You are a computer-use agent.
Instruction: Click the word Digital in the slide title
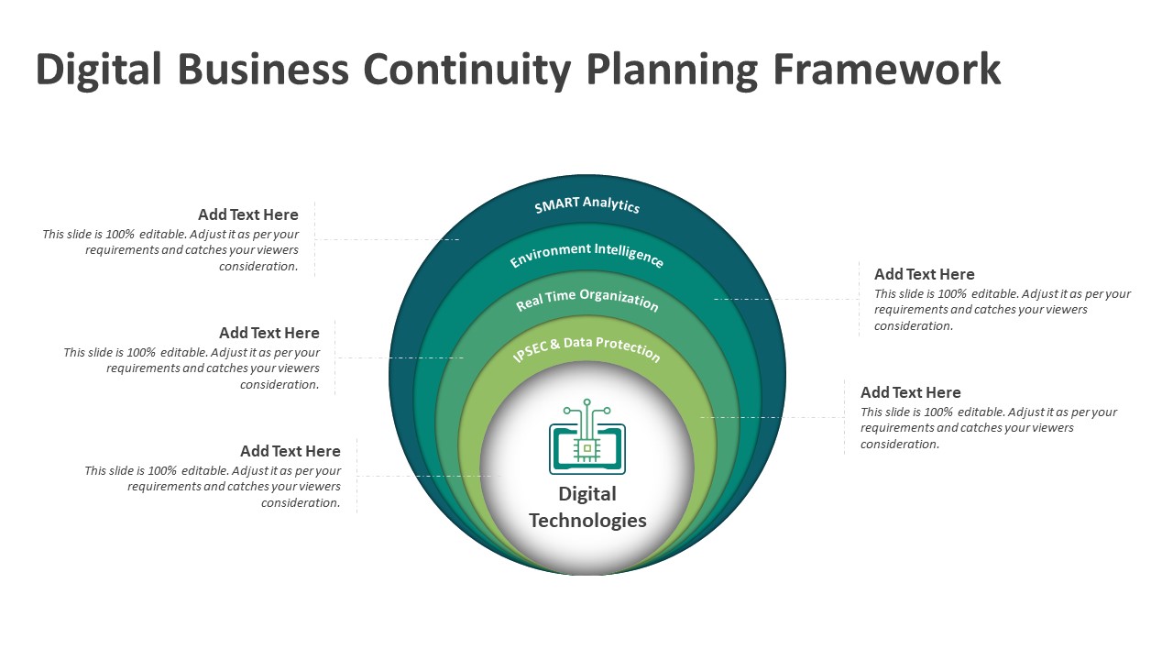[98, 69]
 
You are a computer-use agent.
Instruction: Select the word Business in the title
[263, 69]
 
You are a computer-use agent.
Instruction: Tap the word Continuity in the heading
[466, 71]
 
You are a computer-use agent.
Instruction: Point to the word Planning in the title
[672, 71]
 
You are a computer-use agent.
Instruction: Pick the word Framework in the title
[887, 69]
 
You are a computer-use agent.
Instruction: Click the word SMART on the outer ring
[556, 204]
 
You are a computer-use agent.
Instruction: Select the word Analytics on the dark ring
[611, 203]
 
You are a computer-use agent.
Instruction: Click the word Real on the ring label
[529, 302]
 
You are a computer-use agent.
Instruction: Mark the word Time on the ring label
[560, 296]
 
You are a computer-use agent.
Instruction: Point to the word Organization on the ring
[619, 299]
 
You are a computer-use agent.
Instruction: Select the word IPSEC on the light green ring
[530, 351]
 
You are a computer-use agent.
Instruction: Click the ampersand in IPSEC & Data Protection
[555, 344]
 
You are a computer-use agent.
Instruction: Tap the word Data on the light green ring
[577, 343]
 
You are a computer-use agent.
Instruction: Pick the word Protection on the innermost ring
[628, 347]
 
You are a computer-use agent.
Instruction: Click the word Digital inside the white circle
[587, 494]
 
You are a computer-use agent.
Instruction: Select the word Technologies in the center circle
[587, 521]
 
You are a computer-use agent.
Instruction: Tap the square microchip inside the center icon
[587, 448]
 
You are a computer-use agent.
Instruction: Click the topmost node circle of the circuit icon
[587, 402]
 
